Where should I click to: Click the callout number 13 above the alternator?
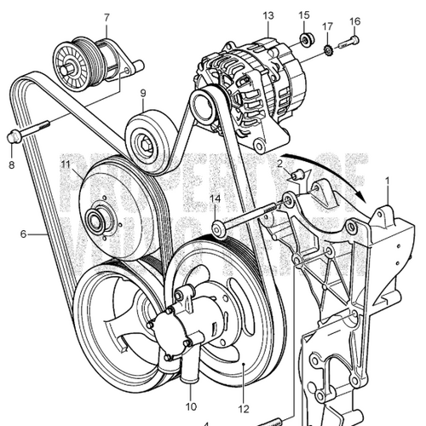268,16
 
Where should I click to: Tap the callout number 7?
106,18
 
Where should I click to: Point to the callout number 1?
388,181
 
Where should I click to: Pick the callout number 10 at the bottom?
191,406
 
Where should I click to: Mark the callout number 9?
142,94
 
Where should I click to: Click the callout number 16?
355,20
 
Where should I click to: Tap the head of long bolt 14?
217,227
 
